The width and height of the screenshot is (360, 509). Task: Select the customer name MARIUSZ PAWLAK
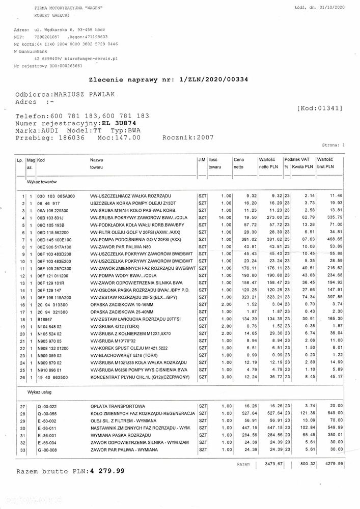82,95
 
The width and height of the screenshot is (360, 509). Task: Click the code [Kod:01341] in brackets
319,108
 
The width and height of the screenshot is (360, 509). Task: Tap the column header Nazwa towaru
98,163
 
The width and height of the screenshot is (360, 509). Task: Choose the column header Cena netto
239,163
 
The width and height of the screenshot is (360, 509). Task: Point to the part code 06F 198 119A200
56,297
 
